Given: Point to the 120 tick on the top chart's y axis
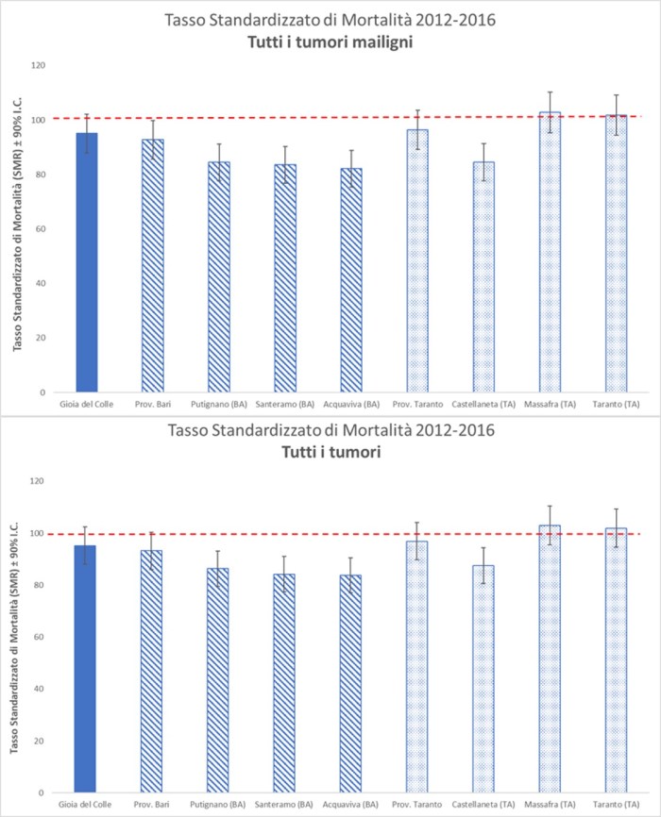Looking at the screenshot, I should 39,65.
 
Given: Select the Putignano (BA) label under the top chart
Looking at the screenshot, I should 218,404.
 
